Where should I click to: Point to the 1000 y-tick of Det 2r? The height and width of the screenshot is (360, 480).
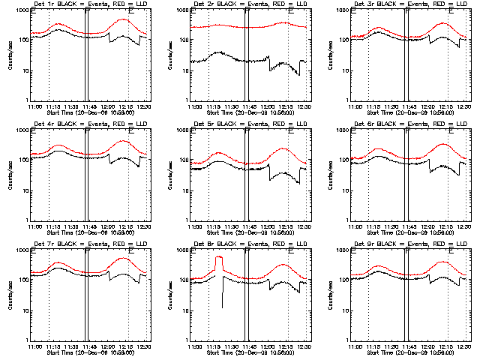pyautogui.click(x=182, y=13)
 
